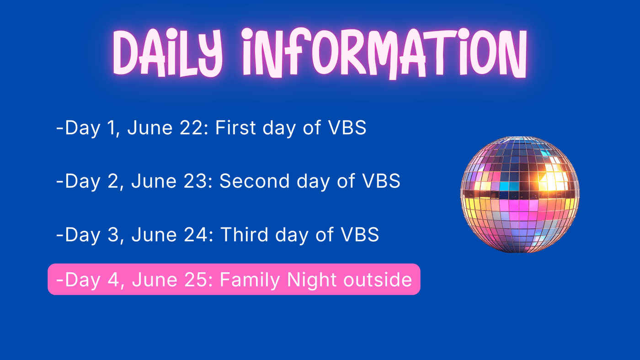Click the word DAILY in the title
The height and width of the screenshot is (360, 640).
pos(168,53)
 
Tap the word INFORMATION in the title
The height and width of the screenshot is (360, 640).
pos(384,53)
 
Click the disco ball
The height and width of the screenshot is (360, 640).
pos(520,195)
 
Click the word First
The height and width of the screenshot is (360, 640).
pos(235,127)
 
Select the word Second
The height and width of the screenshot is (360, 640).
pos(255,181)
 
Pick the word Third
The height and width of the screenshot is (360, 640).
pos(244,234)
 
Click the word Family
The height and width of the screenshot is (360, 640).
pos(250,280)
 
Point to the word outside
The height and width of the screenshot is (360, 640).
pos(378,279)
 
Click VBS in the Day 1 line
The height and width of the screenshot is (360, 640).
pos(347,127)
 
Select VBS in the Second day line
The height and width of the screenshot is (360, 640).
pos(381,181)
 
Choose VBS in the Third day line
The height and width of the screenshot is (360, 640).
pos(360,235)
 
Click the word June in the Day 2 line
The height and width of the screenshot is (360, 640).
pos(154,181)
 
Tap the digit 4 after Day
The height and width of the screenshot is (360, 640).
pos(113,280)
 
